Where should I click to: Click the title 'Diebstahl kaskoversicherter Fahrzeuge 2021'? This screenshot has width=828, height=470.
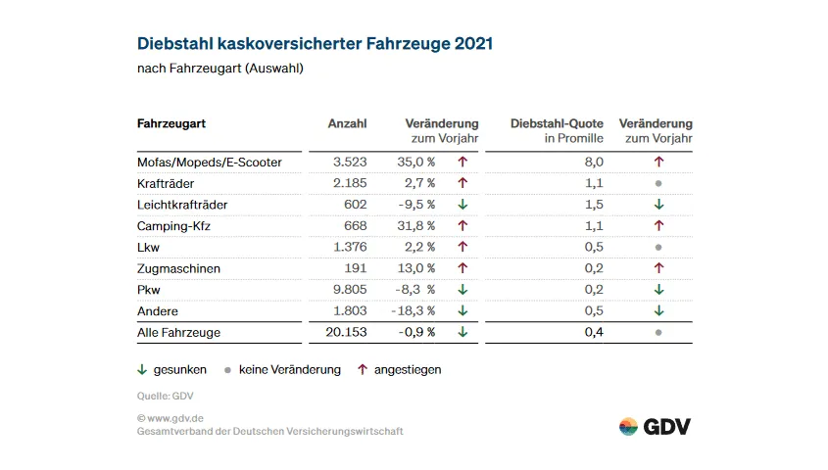coord(315,44)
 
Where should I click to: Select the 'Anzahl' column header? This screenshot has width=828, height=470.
coord(347,123)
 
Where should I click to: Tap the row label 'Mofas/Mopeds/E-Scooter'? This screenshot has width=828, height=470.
coord(210,162)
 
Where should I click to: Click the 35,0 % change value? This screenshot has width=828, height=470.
coord(415,162)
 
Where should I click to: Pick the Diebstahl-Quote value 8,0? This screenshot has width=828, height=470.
coord(594,162)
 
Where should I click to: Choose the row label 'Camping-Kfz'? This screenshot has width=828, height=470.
coord(174,225)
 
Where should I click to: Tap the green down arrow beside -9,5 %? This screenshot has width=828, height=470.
coord(463,205)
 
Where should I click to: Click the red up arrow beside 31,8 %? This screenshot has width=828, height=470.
coord(463,225)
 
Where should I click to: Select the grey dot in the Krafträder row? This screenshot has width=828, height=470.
coord(658,183)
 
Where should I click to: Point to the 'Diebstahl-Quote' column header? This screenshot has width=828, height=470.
coord(557,123)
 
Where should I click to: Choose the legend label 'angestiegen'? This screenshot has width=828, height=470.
coord(408,370)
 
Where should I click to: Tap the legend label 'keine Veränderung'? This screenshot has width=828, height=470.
coord(289,370)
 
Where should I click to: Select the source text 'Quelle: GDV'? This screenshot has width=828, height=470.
coord(165,397)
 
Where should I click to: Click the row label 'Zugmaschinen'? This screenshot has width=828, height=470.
coord(178,268)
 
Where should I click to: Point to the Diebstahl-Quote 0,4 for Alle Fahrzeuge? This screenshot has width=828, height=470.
coord(594,332)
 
